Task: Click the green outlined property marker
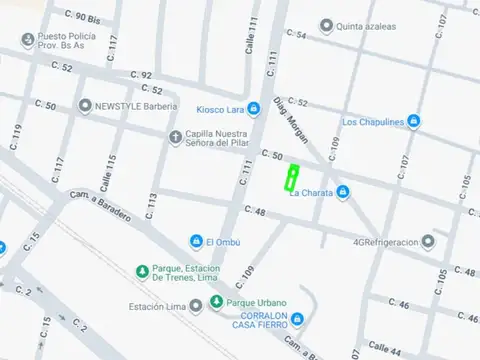pos(292,178)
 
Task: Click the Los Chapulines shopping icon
pos(413,122)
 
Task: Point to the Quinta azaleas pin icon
pos(326,26)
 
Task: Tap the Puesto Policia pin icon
pos(28,40)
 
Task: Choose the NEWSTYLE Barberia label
pos(133,104)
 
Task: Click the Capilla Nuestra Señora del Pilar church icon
pos(175,137)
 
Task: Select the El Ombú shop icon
pos(196,241)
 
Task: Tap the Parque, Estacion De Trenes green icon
pos(143,270)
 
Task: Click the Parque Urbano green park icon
pos(217,302)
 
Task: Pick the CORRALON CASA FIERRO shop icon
pos(297,319)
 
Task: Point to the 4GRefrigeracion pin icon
pos(428,241)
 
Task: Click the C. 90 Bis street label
pos(82,17)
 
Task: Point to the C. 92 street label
pos(140,75)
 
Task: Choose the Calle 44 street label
pos(384,345)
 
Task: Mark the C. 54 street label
pos(295,34)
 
